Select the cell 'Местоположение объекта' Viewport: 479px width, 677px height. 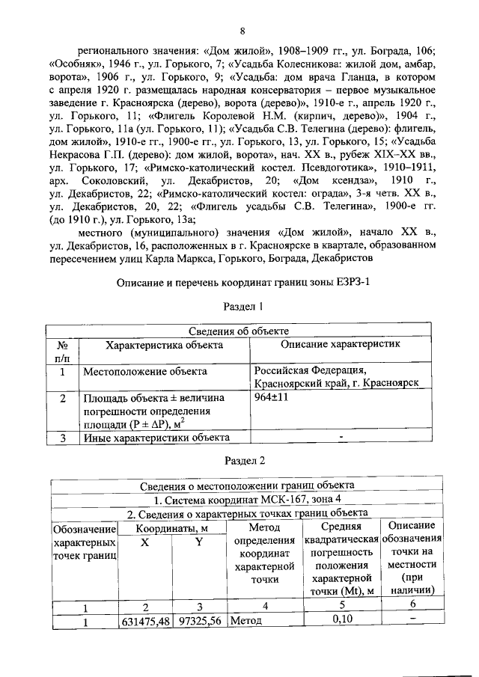[140, 370]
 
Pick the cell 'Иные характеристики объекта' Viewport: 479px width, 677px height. [156, 438]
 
